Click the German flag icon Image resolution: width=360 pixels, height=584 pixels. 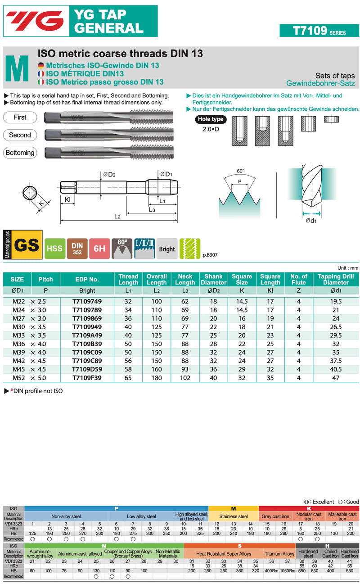pyautogui.click(x=41, y=66)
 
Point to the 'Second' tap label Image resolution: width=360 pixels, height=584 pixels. pyautogui.click(x=20, y=135)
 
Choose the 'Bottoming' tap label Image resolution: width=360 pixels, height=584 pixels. pyautogui.click(x=20, y=153)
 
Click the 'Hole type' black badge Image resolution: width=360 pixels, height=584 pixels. pyautogui.click(x=211, y=119)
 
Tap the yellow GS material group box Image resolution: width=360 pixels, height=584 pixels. pyautogui.click(x=26, y=245)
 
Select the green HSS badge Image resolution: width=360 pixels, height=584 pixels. pyautogui.click(x=55, y=249)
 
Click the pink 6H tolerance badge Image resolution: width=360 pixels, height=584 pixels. pyautogui.click(x=99, y=249)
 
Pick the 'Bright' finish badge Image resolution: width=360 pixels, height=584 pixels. pyautogui.click(x=167, y=249)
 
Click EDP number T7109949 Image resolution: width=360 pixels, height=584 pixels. pyautogui.click(x=87, y=326)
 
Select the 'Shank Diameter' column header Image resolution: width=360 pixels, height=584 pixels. pyautogui.click(x=213, y=279)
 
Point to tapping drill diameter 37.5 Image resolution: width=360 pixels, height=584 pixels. pyautogui.click(x=336, y=361)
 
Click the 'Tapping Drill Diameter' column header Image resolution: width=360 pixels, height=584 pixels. pyautogui.click(x=336, y=279)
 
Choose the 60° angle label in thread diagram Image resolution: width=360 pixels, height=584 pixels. pyautogui.click(x=240, y=171)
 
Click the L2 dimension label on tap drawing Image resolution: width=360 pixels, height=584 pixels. pyautogui.click(x=117, y=217)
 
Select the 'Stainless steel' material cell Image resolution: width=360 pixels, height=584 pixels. pyautogui.click(x=234, y=516)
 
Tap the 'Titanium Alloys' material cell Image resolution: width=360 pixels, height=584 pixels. pyautogui.click(x=279, y=553)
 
